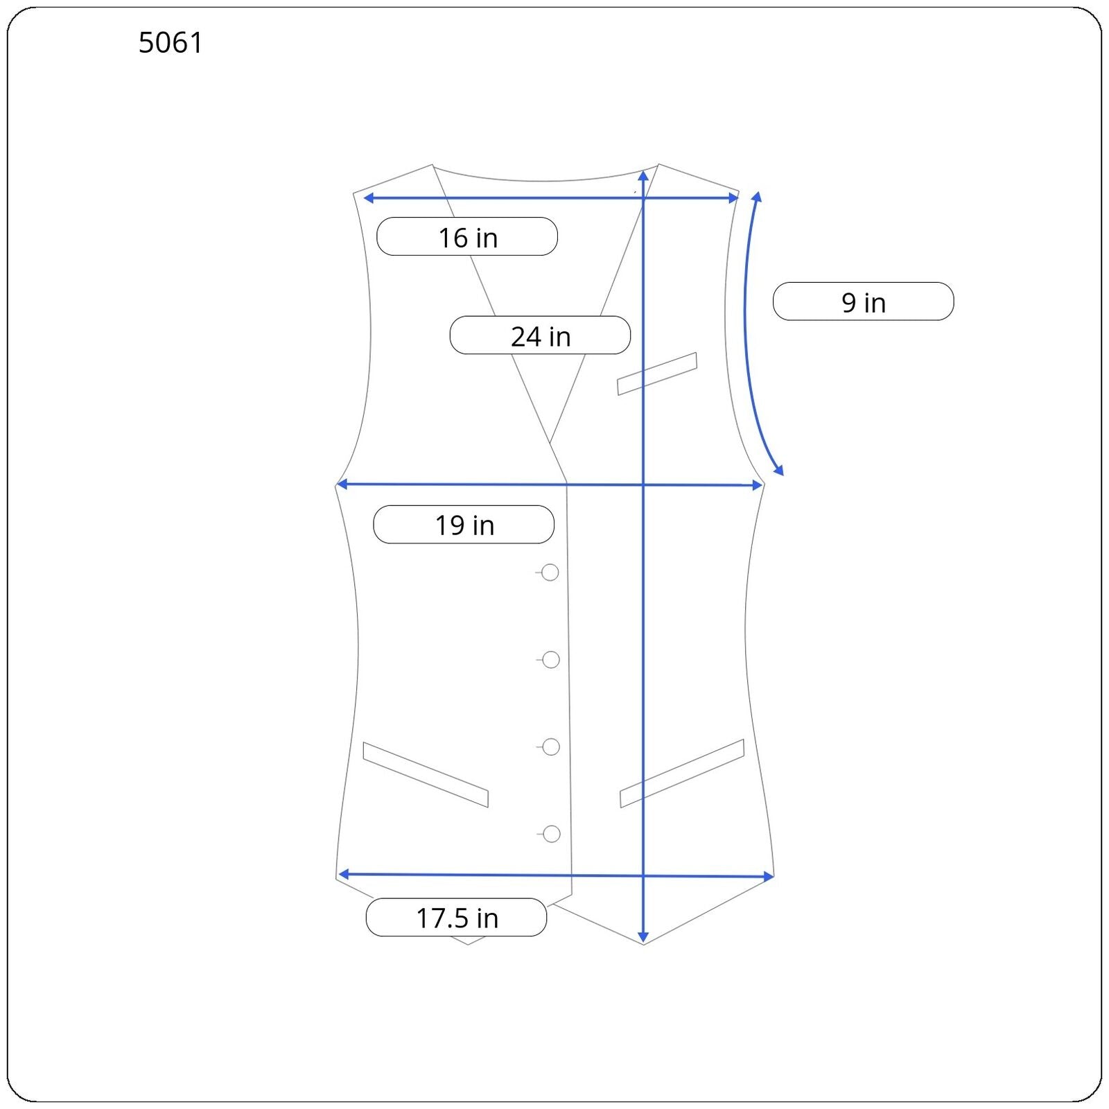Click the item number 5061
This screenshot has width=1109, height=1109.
(171, 43)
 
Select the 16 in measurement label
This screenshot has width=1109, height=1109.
(467, 237)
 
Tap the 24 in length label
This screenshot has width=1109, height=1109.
(540, 336)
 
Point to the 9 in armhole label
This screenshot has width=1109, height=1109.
(863, 302)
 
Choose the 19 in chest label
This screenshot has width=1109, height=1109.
(464, 525)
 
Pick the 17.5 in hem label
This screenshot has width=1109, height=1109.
(456, 918)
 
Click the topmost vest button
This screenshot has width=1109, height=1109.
(550, 573)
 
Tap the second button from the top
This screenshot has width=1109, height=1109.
(551, 660)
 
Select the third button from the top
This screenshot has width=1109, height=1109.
(551, 746)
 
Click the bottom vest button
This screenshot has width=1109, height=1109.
(552, 834)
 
